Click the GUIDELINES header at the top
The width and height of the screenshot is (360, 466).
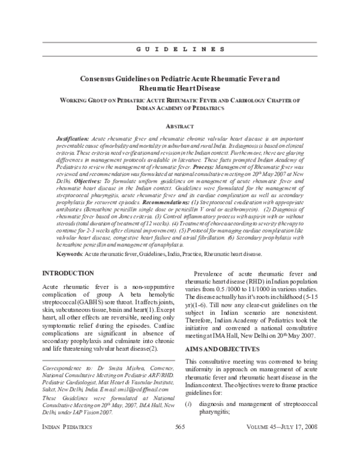(x=179, y=47)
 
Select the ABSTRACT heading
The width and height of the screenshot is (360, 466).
(x=179, y=126)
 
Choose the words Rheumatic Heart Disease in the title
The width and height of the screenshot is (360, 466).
(x=179, y=88)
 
